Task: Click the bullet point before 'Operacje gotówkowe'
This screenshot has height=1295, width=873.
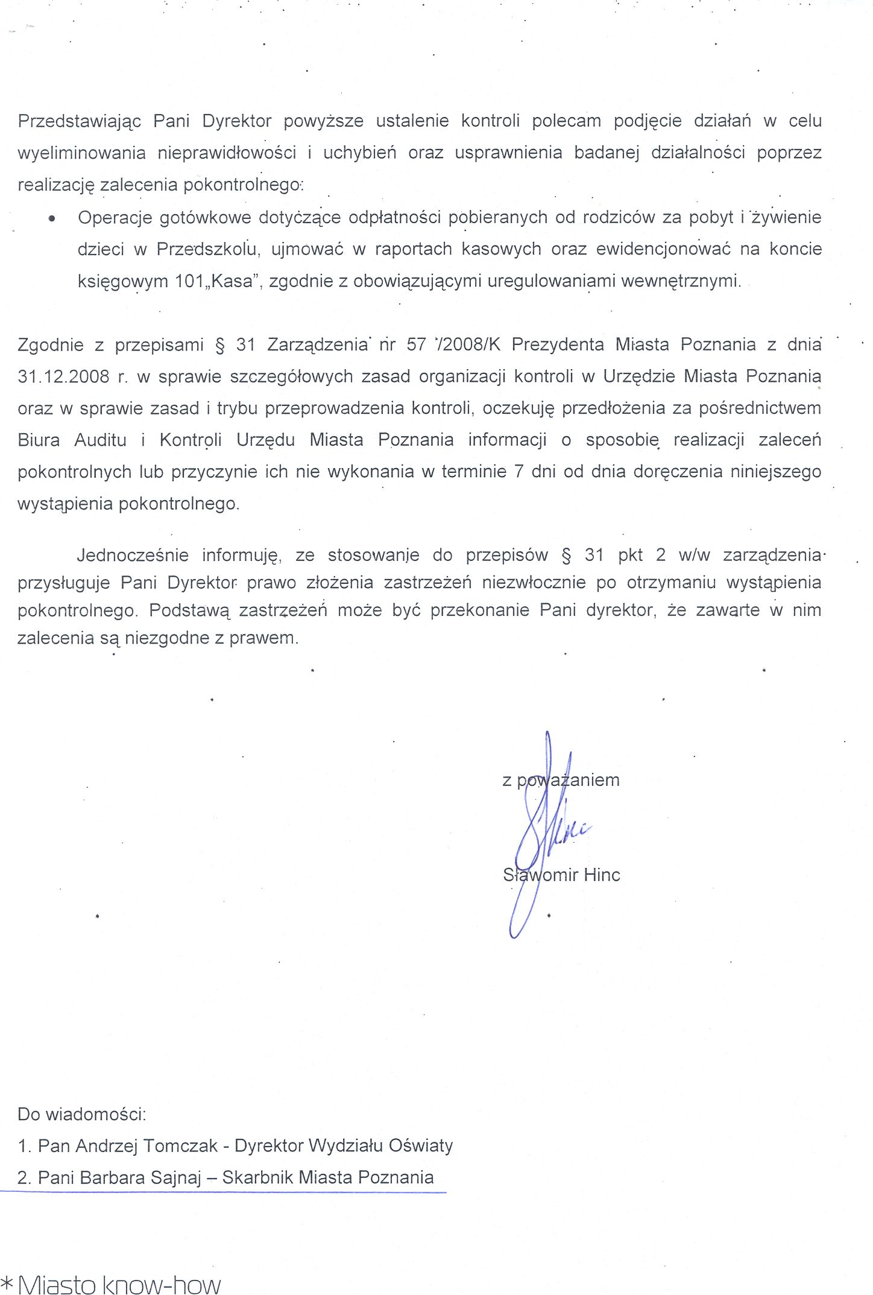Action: click(52, 219)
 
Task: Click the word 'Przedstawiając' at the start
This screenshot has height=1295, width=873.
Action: click(79, 121)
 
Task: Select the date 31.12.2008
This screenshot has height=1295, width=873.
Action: click(64, 377)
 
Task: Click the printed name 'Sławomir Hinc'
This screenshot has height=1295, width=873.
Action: click(561, 875)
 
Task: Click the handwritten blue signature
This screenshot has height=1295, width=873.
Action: click(543, 832)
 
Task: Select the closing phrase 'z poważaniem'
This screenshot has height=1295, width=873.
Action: click(561, 780)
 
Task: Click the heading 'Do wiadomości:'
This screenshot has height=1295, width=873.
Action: click(82, 1114)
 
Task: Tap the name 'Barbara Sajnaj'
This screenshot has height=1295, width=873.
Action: click(140, 1177)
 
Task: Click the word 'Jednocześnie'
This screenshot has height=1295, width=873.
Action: click(133, 555)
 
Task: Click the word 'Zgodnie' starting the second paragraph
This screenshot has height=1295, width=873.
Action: click(51, 345)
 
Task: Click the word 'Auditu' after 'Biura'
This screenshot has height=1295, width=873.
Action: click(100, 440)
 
